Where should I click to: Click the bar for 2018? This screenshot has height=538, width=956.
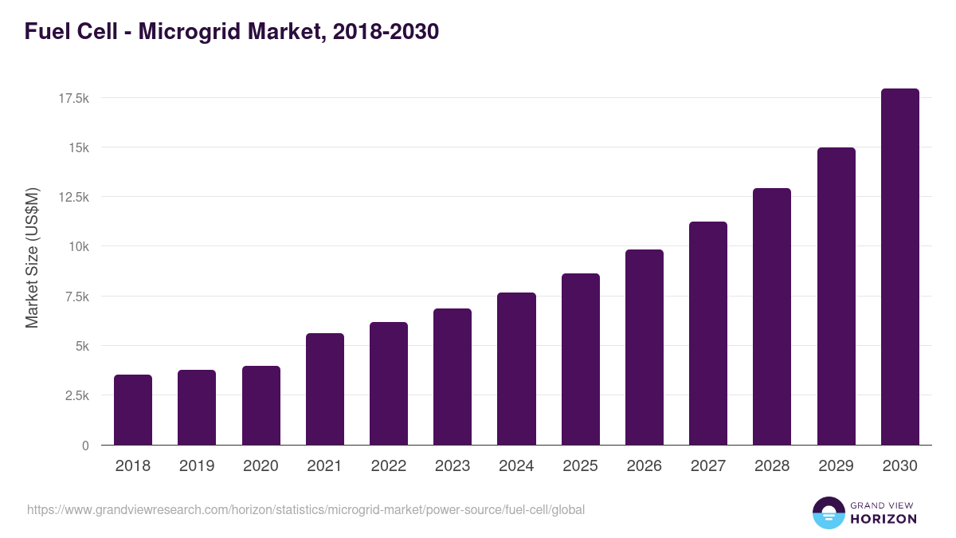133,410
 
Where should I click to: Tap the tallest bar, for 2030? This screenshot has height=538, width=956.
899,267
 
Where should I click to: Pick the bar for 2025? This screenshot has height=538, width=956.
580,359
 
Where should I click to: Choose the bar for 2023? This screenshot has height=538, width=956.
453,377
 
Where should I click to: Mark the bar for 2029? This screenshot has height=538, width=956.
836,296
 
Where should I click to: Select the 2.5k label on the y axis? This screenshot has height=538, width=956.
76,396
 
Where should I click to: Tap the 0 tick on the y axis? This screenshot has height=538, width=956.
84,446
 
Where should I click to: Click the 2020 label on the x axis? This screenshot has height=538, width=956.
261,466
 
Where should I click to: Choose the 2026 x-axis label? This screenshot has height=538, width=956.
644,466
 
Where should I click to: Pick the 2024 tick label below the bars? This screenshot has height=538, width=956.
516,466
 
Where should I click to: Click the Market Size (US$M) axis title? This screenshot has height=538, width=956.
32,257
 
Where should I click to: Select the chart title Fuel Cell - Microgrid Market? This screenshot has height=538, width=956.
232,32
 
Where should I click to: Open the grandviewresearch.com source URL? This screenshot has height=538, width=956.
306,509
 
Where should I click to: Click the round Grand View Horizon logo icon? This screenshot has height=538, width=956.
829,512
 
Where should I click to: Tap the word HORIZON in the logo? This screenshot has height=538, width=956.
883,519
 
